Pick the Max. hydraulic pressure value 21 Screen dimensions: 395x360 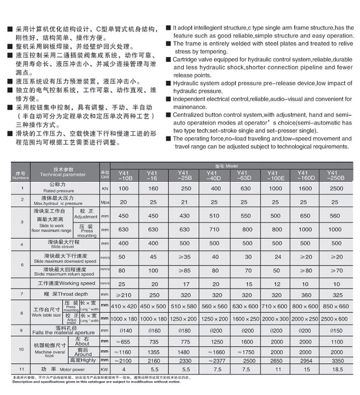pyautogui.click(x=183, y=202)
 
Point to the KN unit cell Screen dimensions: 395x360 pyautogui.click(x=105, y=189)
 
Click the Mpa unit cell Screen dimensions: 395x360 pyautogui.click(x=105, y=202)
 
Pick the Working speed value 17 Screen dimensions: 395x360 pyautogui.click(x=183, y=283)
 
